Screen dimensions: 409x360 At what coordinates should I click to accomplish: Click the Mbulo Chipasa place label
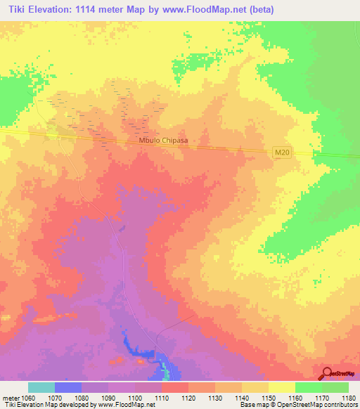165,141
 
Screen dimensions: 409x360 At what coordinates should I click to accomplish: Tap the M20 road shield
280,152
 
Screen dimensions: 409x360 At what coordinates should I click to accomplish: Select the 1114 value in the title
87,10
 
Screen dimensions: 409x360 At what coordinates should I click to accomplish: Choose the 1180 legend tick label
347,398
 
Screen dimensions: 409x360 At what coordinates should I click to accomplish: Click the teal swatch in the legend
41,387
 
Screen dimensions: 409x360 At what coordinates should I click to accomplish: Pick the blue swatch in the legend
68,387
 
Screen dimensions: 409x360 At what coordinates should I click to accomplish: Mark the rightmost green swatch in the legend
335,387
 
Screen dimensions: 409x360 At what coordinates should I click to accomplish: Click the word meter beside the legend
11,398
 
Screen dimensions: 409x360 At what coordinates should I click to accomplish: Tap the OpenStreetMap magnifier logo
326,373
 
